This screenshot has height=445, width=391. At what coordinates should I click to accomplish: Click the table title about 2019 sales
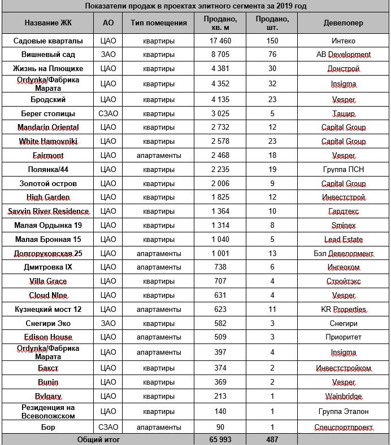[x=195, y=6]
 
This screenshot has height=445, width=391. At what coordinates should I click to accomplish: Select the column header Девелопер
[x=344, y=24]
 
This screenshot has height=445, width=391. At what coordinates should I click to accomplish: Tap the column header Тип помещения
[x=158, y=24]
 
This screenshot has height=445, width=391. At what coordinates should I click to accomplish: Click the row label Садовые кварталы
[x=48, y=41]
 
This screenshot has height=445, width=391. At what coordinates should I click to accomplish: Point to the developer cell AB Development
[x=344, y=55]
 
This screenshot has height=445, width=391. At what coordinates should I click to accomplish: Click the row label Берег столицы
[x=48, y=113]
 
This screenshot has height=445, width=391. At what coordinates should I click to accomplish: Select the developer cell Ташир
[x=344, y=113]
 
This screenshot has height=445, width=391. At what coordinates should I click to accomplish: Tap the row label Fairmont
[x=48, y=155]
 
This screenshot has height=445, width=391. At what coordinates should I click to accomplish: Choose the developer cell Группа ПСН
[x=344, y=169]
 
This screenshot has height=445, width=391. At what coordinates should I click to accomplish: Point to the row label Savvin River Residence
[x=48, y=212]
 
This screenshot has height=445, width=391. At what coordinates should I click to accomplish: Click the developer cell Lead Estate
[x=344, y=239]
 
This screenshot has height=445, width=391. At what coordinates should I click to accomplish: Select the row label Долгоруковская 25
[x=48, y=253]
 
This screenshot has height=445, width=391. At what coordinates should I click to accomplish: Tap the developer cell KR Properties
[x=344, y=309]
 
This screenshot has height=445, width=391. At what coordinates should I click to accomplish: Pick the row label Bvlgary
[x=48, y=396]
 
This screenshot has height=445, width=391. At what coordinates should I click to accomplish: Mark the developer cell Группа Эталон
[x=344, y=411]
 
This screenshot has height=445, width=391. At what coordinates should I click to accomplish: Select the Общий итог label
[x=97, y=439]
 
